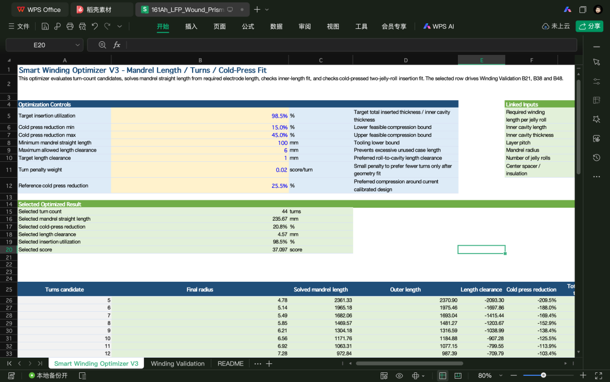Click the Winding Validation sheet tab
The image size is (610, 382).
coord(177,363)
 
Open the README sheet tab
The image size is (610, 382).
coord(230,363)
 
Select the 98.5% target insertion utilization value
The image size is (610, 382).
coord(280,116)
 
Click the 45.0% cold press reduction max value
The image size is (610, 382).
coord(280,135)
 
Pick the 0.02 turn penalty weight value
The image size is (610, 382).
coord(281,170)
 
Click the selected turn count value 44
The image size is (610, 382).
coord(284,211)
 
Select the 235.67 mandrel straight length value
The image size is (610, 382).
coord(280,218)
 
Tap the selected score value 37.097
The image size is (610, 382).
coord(280,250)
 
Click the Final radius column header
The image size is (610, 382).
coord(199,289)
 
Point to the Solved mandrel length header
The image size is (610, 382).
coord(321,289)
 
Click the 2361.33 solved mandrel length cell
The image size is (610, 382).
coord(343,300)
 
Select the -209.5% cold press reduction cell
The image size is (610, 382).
coord(547,300)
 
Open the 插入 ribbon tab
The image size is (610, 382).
coord(191,26)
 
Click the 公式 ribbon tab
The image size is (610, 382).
coord(248,26)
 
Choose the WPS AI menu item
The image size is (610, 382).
coord(438,26)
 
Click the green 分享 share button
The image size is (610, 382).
coord(589,26)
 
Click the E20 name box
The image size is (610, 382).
coord(40,45)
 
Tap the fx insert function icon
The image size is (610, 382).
coord(116,45)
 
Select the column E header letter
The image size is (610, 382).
coord(481,60)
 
